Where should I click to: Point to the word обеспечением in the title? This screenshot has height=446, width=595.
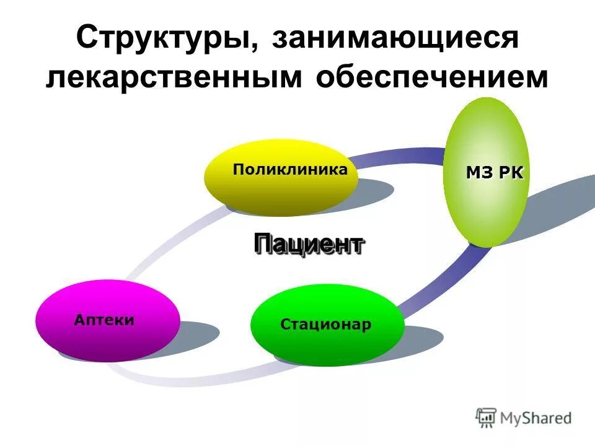pos(433,78)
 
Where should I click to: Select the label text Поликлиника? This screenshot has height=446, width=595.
pos(290,169)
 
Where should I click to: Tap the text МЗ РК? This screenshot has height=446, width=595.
pos(495,173)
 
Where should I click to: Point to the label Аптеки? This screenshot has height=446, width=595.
pos(104,320)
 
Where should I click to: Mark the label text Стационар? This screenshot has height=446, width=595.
pos(326,325)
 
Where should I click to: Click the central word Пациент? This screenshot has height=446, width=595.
pos(309,244)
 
